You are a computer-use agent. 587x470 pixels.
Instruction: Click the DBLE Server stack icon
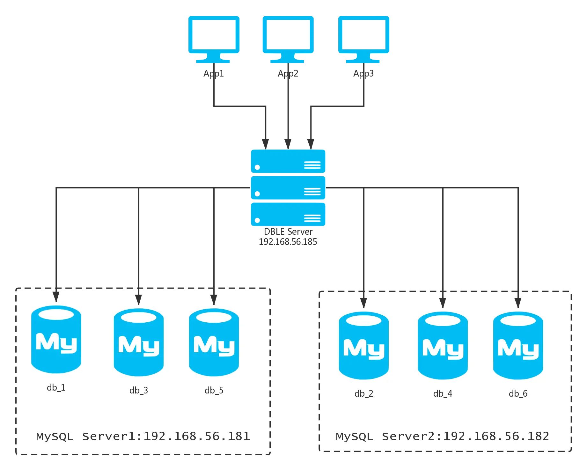[288, 187]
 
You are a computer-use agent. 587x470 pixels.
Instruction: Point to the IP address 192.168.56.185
[288, 241]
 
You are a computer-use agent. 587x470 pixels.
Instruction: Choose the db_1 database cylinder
[56, 339]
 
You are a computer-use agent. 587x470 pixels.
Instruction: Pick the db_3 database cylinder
[139, 342]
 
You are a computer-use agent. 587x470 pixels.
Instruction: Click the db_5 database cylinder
[214, 342]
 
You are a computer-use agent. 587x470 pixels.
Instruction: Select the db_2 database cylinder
[363, 346]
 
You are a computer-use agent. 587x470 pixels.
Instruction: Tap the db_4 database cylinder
[443, 346]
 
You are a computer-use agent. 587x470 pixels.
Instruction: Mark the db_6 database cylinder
[518, 346]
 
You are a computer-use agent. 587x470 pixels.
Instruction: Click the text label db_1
[56, 387]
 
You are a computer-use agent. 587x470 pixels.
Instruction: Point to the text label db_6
[518, 393]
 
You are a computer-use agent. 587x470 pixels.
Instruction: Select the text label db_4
[443, 393]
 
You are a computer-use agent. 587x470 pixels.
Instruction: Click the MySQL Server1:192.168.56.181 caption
[143, 436]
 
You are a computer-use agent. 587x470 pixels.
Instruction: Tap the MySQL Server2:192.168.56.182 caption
[443, 436]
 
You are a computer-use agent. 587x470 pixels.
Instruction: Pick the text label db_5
[214, 390]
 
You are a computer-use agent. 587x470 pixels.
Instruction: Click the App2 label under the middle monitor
[288, 73]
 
